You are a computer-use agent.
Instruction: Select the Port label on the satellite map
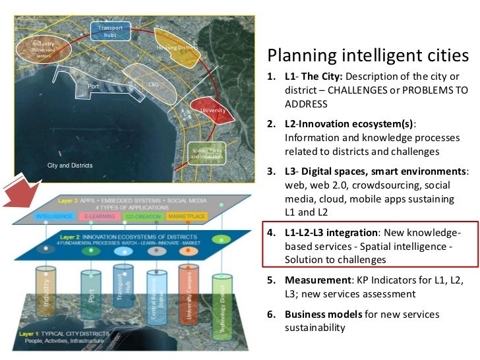point(93,86)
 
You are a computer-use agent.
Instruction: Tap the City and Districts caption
point(70,165)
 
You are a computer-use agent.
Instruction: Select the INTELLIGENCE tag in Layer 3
point(55,216)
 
